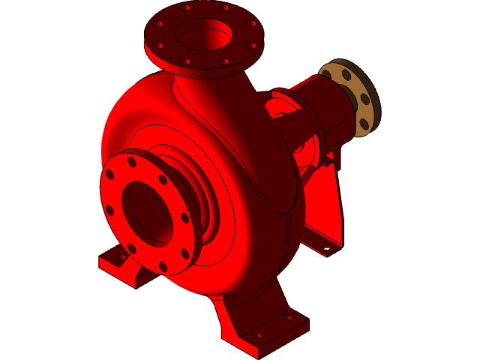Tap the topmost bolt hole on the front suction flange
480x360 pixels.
click(132, 162)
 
